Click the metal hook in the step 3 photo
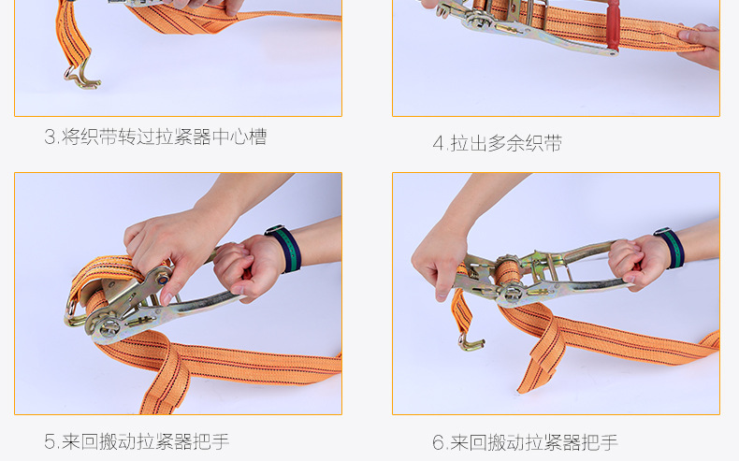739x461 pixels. coord(82,75)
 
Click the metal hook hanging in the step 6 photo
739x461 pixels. coord(470,339)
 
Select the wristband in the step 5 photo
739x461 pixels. coord(283,249)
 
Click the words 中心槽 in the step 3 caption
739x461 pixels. coord(239,137)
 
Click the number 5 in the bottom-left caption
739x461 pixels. coord(49,441)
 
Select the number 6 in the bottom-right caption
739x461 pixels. coord(437,442)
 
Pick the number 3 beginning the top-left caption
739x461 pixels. coord(50,137)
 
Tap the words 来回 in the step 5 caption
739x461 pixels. coord(80,441)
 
